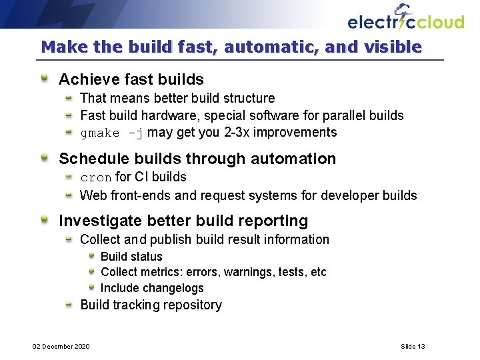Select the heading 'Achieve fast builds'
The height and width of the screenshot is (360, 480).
131,80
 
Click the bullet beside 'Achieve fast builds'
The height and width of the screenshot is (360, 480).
44,79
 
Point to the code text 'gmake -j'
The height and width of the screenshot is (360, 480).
111,133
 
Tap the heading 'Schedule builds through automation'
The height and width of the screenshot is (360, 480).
197,159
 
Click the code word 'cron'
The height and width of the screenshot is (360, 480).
96,177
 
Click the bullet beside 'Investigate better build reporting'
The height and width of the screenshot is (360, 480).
44,220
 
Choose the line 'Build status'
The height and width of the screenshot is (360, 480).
131,257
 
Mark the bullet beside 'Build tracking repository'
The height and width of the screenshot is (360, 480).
69,305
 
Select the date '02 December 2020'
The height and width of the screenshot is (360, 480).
62,346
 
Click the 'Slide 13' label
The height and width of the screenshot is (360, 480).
413,346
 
